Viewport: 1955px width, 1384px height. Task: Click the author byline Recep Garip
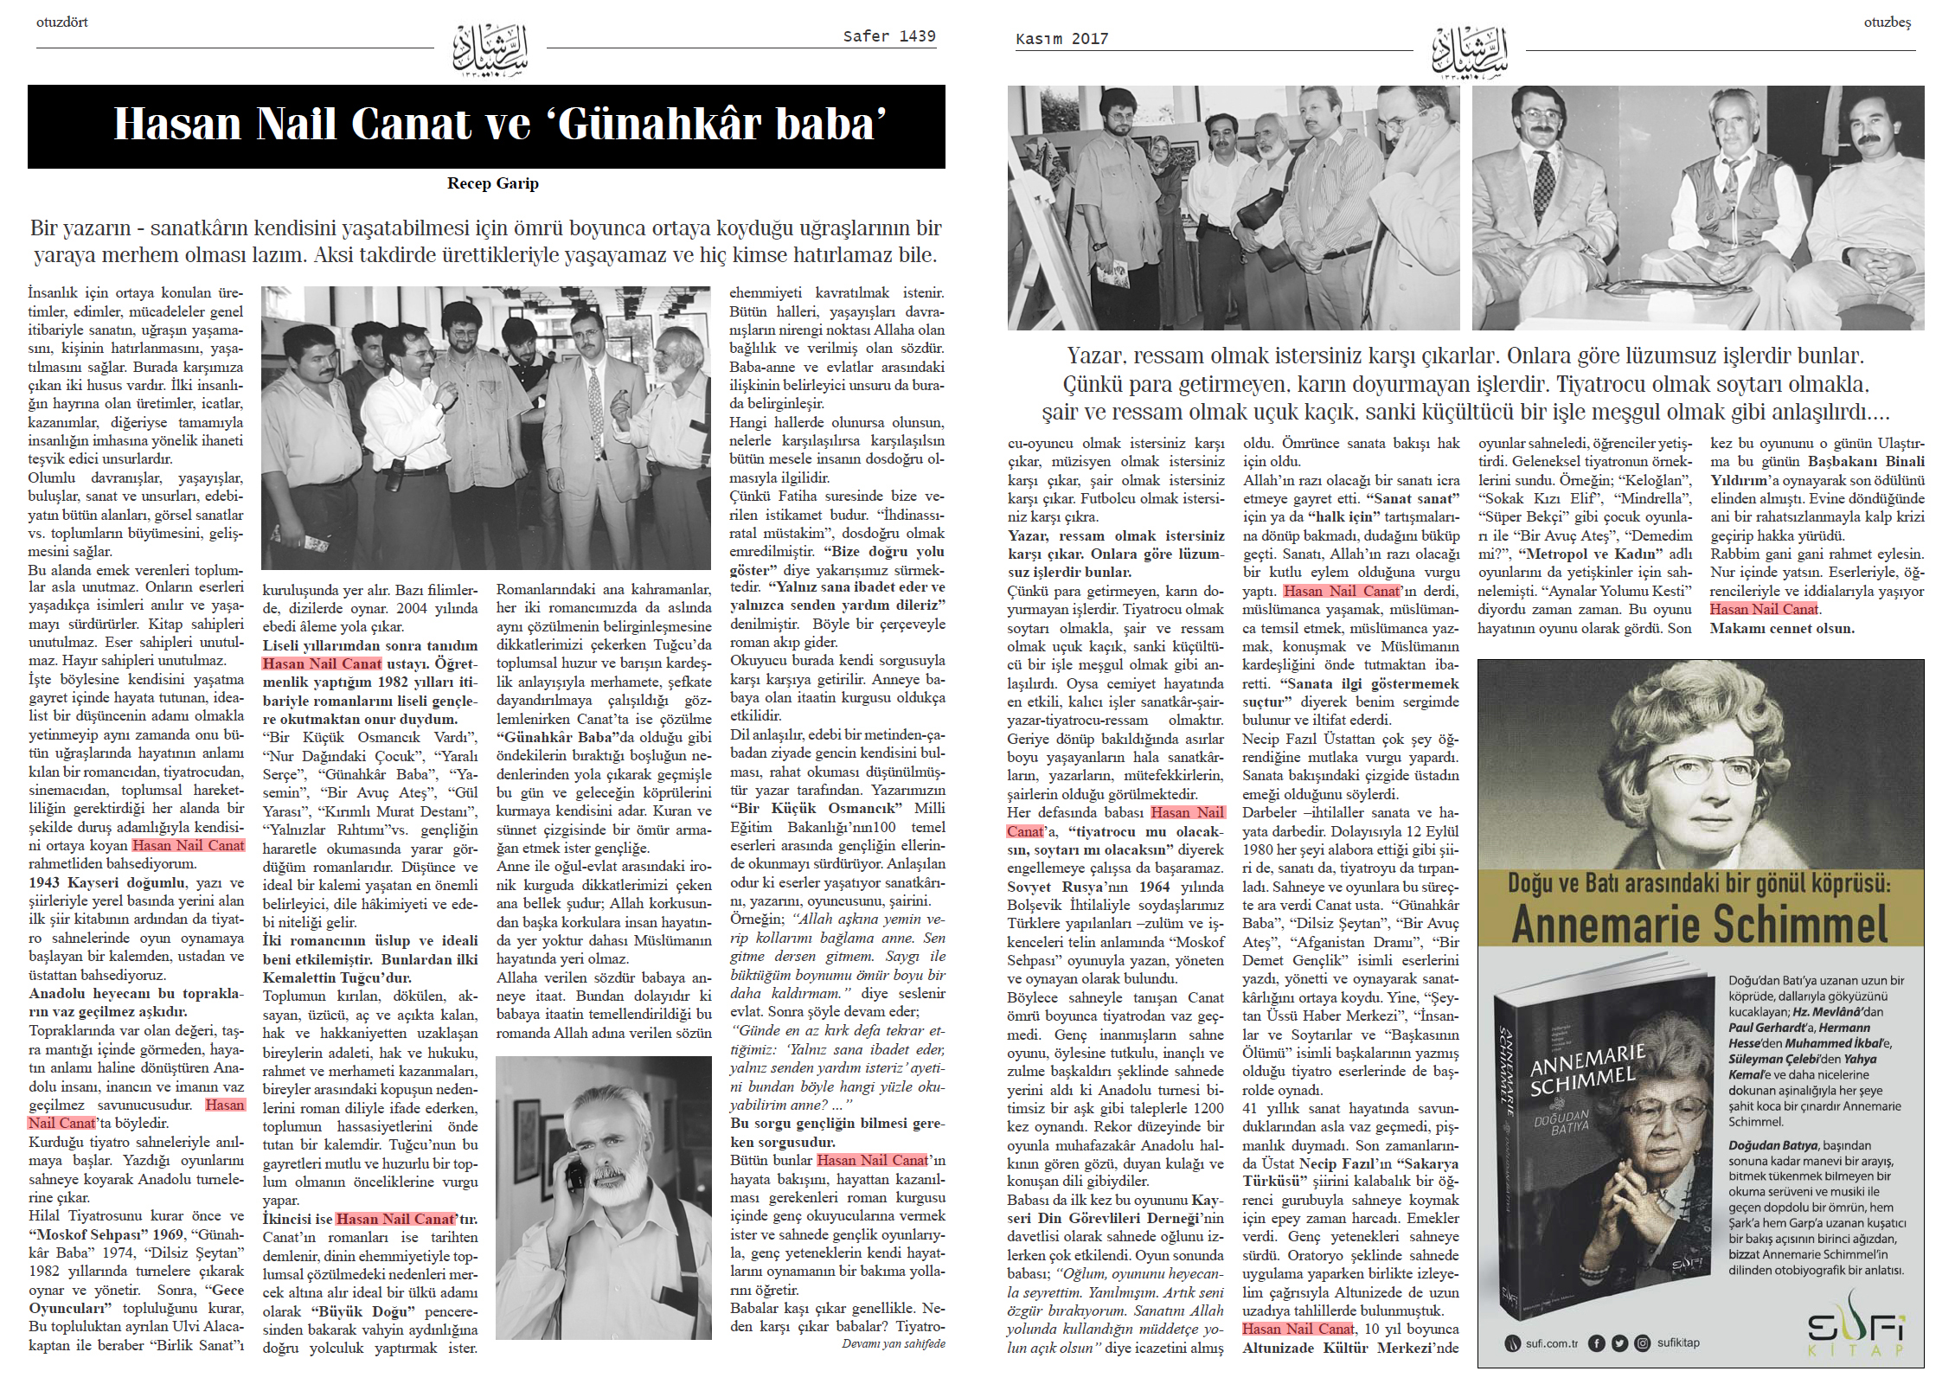(x=492, y=183)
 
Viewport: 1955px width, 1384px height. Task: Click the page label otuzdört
(x=62, y=22)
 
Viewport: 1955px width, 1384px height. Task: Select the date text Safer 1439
(x=889, y=36)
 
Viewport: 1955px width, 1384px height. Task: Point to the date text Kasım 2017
(x=1061, y=39)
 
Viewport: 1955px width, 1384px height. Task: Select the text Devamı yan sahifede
(x=893, y=1344)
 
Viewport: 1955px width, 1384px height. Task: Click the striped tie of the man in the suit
(x=594, y=399)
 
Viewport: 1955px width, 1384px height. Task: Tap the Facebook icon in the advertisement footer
(x=1597, y=1343)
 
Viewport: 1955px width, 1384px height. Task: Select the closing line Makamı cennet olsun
(x=1781, y=629)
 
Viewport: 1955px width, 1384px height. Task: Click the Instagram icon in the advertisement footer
(x=1642, y=1343)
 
